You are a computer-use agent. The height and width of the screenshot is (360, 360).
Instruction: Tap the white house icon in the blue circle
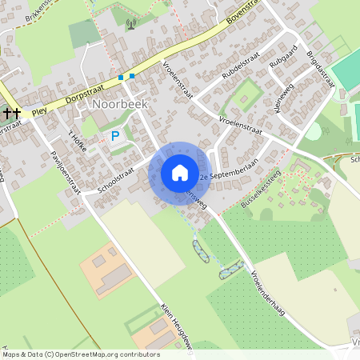(180, 173)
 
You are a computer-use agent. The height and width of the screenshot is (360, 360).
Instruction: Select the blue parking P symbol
(115, 137)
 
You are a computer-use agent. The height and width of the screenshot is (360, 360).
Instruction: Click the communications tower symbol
(132, 24)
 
